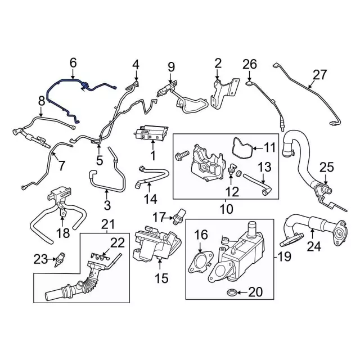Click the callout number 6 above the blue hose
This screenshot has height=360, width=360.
pos(73,63)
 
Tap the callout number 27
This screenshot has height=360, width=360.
pos(320,75)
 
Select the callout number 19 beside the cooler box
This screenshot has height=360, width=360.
pos(284,256)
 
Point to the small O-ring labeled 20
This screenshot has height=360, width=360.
pos(231,292)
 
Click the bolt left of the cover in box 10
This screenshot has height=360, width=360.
pos(182,155)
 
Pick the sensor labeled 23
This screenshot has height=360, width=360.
pos(60,259)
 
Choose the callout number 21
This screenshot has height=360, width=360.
pos(108,224)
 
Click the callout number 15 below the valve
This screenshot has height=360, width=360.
pos(161,278)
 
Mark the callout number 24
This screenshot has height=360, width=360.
pos(314,246)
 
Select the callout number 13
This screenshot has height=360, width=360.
pos(265,167)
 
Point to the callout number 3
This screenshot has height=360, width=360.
pos(107,205)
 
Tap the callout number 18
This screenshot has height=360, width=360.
pos(63,233)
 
